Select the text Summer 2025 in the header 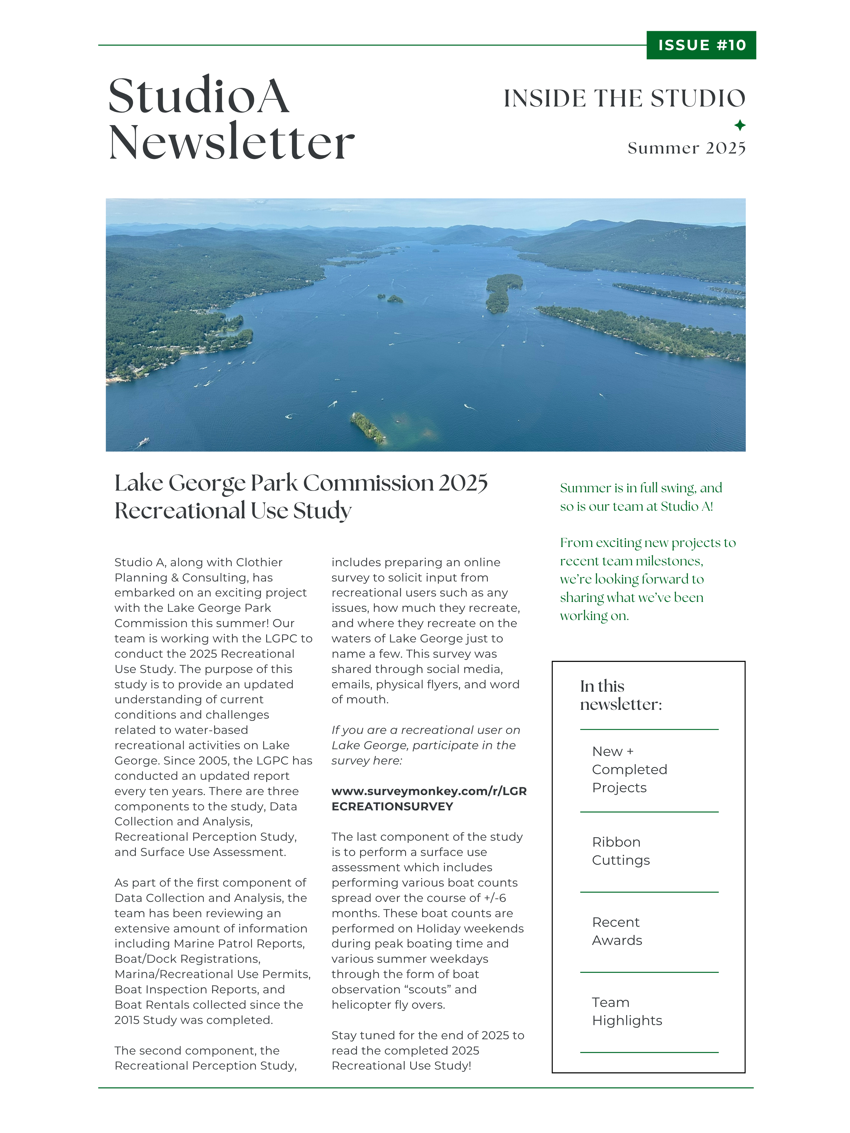686,148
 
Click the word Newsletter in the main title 231,142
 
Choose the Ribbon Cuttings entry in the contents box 620,851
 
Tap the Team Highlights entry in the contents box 626,1011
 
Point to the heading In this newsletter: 620,695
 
